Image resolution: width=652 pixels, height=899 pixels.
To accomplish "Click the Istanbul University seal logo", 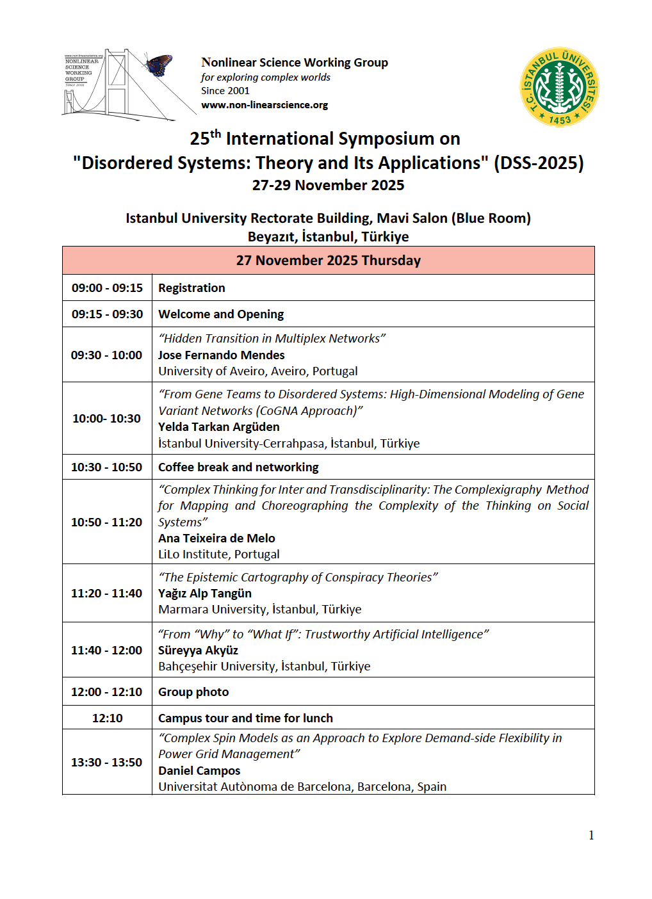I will pyautogui.click(x=559, y=87).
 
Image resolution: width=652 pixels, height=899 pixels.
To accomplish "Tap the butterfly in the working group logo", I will pyautogui.click(x=159, y=65).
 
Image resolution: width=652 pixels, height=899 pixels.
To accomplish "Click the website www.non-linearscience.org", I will pyautogui.click(x=265, y=105).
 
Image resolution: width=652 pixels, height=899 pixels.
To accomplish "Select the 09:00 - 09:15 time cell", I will pyautogui.click(x=107, y=288).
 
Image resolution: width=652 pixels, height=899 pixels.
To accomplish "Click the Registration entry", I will pyautogui.click(x=192, y=288).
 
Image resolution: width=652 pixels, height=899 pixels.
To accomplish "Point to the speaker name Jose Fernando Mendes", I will pyautogui.click(x=221, y=355).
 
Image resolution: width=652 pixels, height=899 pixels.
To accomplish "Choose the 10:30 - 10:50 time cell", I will pyautogui.click(x=107, y=467).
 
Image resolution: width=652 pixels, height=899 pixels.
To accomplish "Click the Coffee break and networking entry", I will pyautogui.click(x=238, y=467).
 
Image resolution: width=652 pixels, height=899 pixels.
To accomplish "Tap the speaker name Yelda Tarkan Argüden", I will pyautogui.click(x=218, y=427).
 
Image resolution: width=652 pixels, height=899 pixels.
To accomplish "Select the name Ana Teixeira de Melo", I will pyautogui.click(x=216, y=539).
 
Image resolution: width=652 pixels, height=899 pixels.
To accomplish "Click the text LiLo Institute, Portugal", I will pyautogui.click(x=218, y=555).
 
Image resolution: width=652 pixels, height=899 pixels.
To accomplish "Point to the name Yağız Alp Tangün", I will pyautogui.click(x=205, y=594).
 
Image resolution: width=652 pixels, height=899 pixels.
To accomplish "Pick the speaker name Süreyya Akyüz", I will pyautogui.click(x=198, y=651).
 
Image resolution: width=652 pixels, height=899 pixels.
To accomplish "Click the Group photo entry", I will pyautogui.click(x=193, y=692).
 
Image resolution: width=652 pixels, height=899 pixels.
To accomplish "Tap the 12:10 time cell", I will pyautogui.click(x=107, y=718).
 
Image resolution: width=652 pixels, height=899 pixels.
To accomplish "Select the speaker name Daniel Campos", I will pyautogui.click(x=199, y=771).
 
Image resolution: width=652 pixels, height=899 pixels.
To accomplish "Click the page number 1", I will pyautogui.click(x=591, y=835).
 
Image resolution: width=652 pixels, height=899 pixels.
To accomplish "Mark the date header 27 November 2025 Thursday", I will pyautogui.click(x=328, y=261).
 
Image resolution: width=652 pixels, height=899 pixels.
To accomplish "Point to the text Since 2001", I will pyautogui.click(x=225, y=91).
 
